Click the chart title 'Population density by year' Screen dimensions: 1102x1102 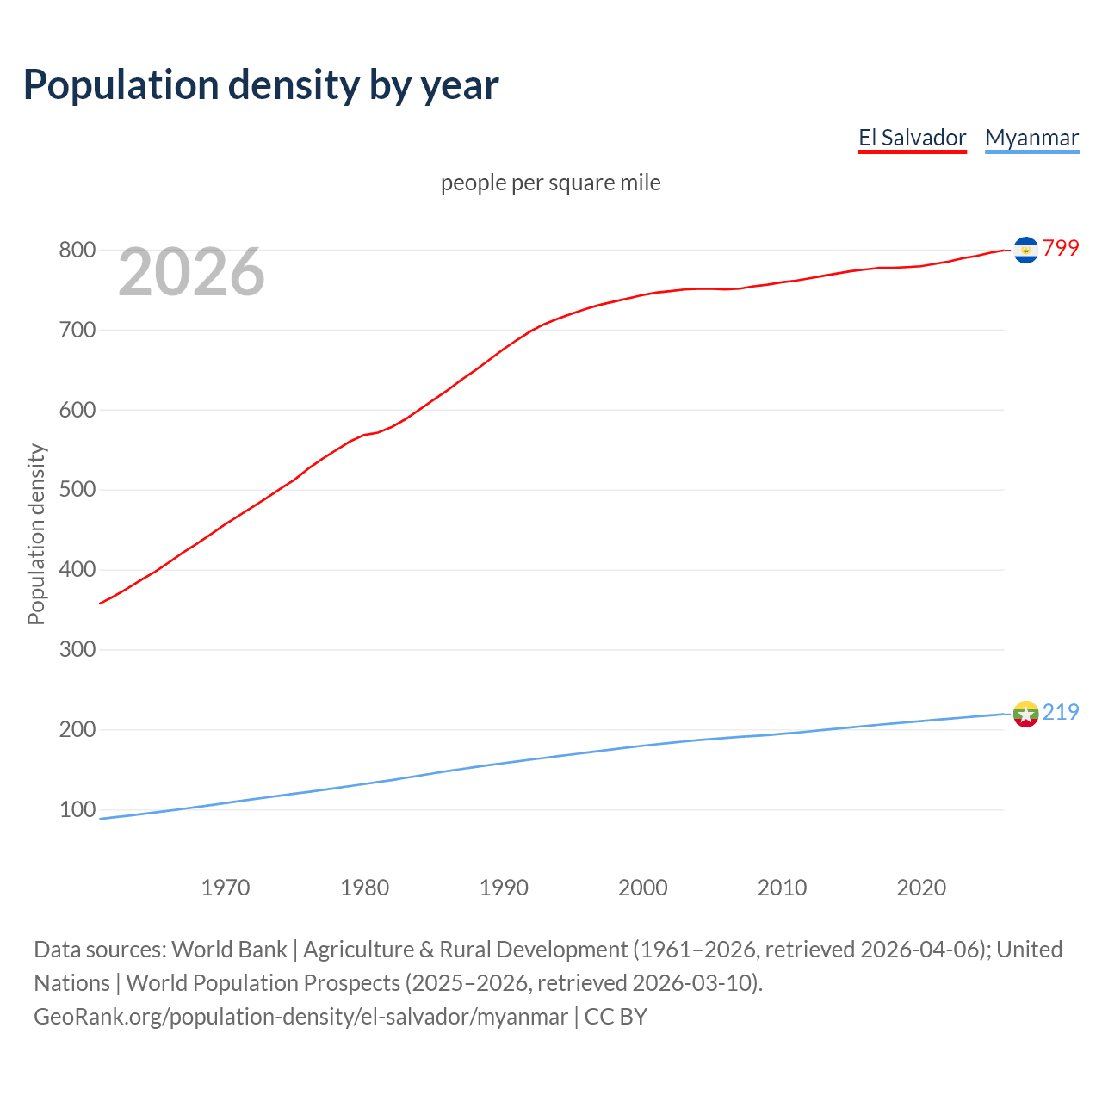261,84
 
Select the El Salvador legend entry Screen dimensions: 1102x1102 912,138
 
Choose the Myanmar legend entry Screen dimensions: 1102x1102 1031,138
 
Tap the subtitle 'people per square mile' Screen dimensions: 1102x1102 550,183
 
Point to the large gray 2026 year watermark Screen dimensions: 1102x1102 191,272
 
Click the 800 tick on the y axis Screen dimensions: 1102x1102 77,251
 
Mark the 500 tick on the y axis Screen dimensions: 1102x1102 77,490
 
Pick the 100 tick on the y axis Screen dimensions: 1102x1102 77,809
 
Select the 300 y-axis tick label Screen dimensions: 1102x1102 77,649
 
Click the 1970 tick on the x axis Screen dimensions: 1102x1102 226,888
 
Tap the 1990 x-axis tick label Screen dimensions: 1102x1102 504,888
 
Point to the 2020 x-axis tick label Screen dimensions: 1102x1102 921,888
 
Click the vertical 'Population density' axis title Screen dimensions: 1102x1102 36,534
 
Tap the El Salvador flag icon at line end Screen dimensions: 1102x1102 1025,250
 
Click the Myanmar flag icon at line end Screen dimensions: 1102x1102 1025,714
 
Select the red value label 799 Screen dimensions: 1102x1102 1061,248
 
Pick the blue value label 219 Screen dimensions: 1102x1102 1061,712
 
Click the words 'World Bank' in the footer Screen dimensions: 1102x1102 229,949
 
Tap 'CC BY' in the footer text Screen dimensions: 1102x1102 616,1016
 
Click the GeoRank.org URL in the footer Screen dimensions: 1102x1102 300,1016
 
